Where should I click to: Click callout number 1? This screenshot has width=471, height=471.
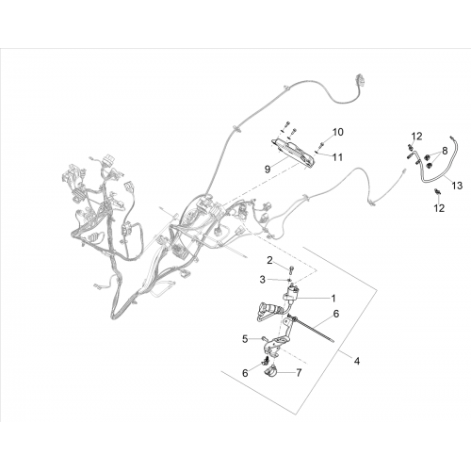(333, 298)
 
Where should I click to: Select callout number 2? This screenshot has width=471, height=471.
(270, 260)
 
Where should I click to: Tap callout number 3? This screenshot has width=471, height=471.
(263, 280)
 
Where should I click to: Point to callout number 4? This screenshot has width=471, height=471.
(357, 361)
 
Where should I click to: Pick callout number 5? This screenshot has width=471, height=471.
(246, 339)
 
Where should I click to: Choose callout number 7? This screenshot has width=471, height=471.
(299, 373)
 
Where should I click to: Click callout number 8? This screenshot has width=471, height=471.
(445, 151)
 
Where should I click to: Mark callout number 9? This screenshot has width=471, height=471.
(268, 170)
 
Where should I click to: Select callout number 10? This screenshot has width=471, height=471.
(338, 132)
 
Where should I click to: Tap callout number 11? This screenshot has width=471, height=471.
(337, 157)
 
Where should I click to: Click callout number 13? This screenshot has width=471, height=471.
(458, 186)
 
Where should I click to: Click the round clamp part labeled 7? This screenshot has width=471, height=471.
(270, 373)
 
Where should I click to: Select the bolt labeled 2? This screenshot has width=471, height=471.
(292, 268)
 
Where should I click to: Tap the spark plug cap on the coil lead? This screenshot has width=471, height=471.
(267, 308)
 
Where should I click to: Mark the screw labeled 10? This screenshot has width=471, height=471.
(322, 145)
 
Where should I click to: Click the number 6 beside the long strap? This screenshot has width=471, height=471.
(336, 314)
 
